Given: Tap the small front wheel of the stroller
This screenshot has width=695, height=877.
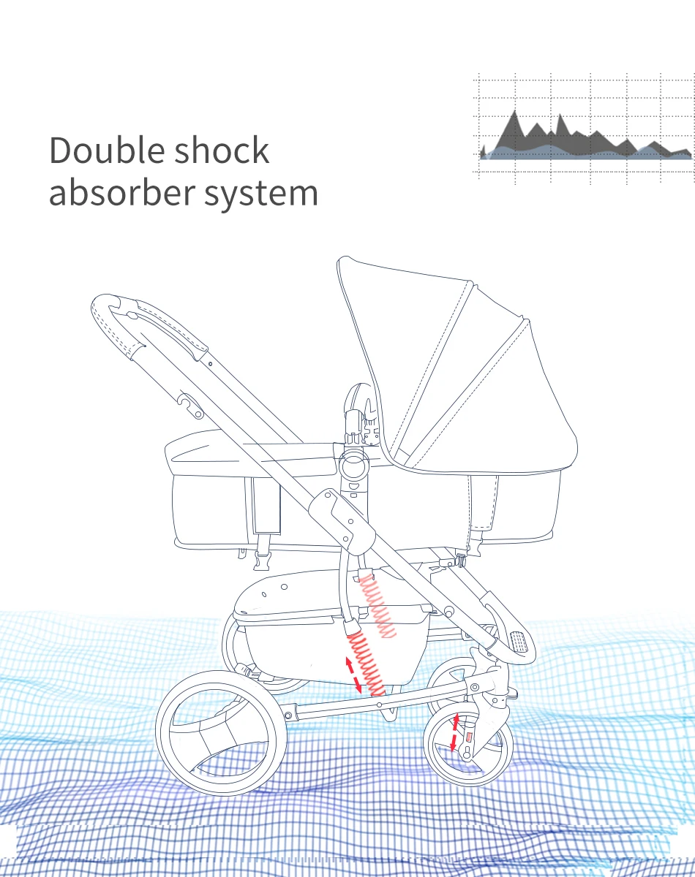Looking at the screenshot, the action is click(x=469, y=745).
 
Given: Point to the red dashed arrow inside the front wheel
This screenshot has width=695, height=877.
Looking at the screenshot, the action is click(x=454, y=734).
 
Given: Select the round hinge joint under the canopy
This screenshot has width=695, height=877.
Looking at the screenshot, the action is click(x=353, y=464).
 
